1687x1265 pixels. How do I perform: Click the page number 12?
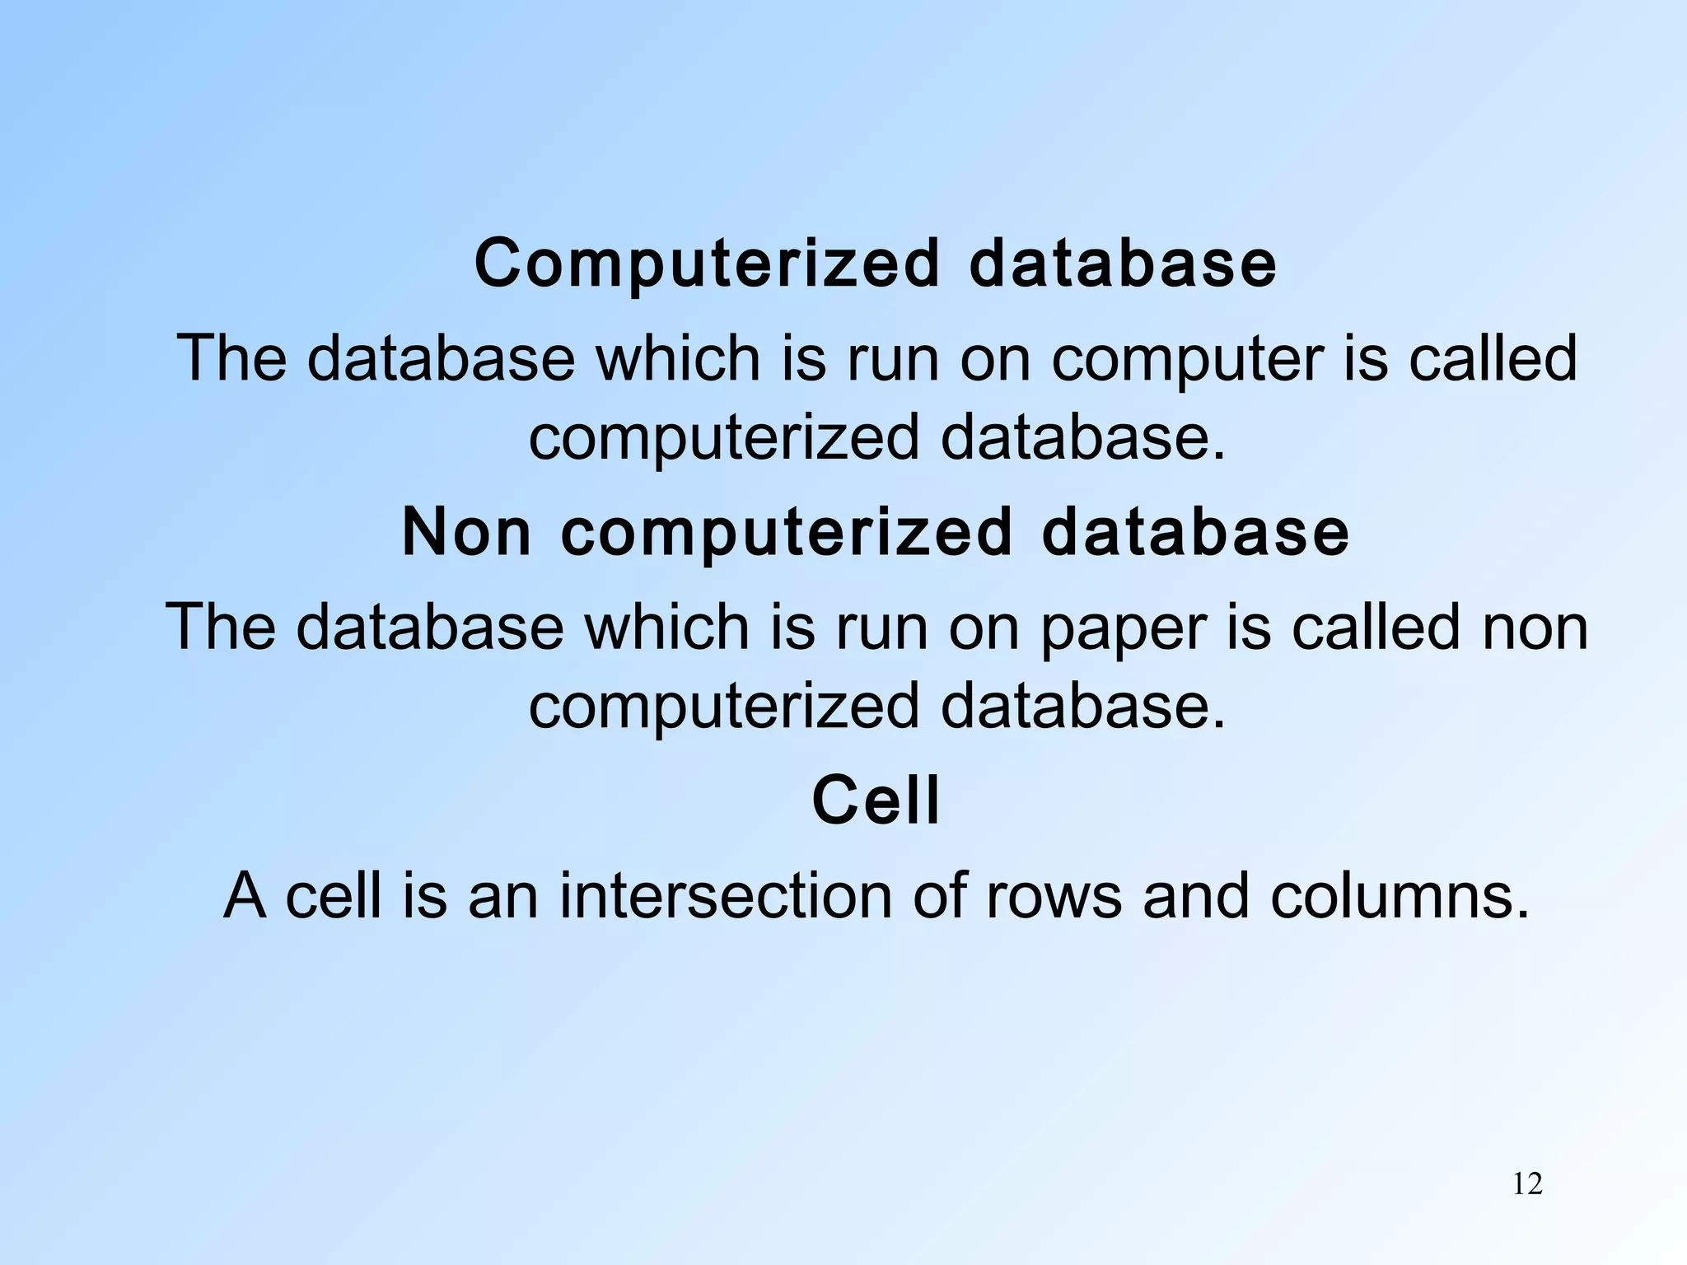coord(1527,1184)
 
